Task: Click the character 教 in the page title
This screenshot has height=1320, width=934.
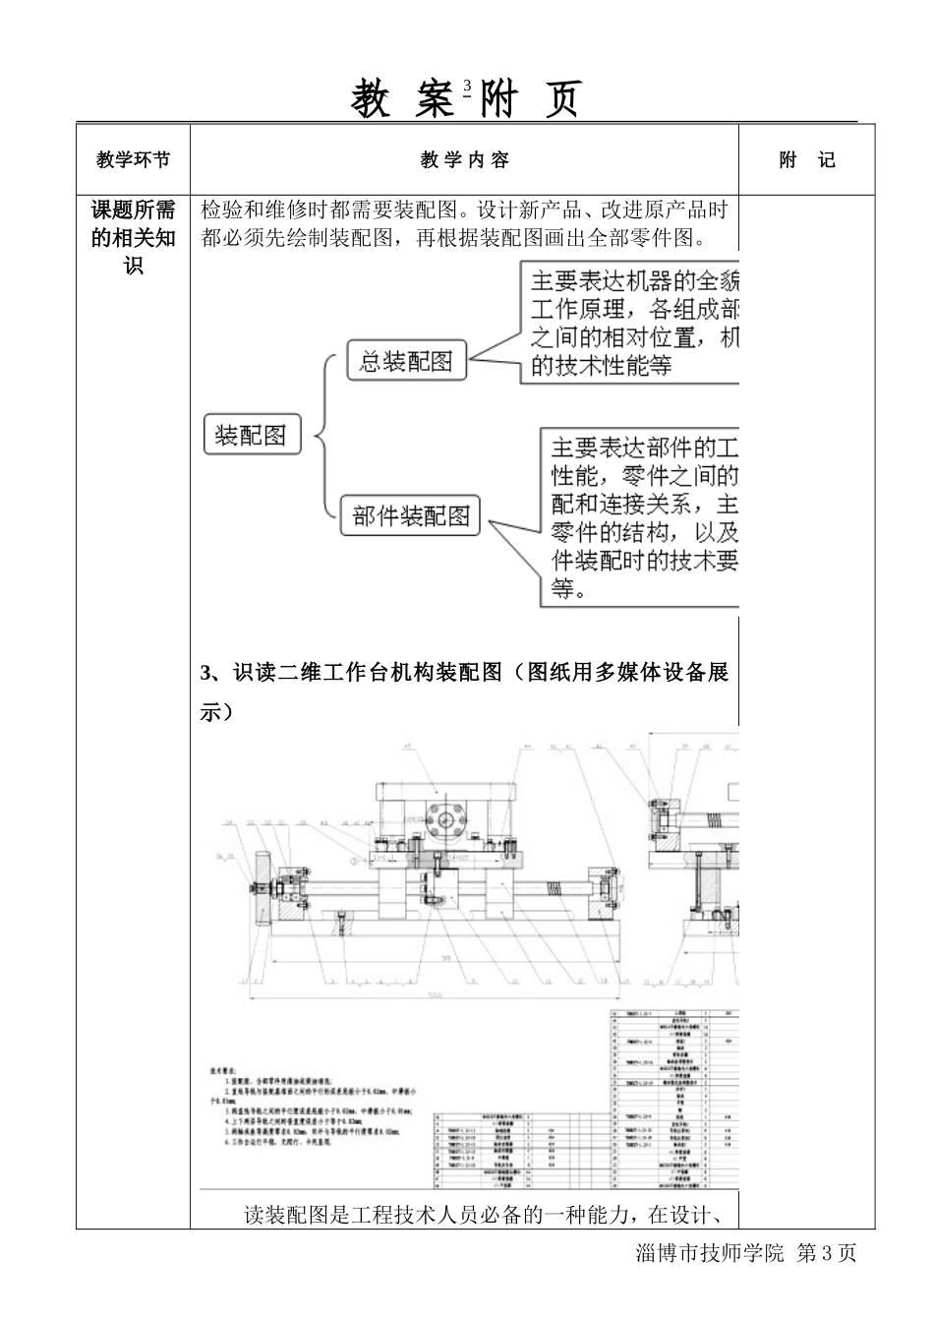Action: (x=373, y=100)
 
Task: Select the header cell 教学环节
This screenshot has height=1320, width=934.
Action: (x=133, y=159)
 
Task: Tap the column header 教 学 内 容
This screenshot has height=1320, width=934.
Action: (x=464, y=159)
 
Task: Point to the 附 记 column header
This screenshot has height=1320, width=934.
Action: (x=806, y=159)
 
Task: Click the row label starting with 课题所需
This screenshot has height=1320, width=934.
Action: (x=133, y=237)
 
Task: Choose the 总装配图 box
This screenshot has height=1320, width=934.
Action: (x=405, y=361)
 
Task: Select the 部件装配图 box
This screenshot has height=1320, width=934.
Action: (x=411, y=516)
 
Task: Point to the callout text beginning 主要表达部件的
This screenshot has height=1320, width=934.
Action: (x=643, y=518)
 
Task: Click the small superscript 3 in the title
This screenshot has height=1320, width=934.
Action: (x=467, y=86)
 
